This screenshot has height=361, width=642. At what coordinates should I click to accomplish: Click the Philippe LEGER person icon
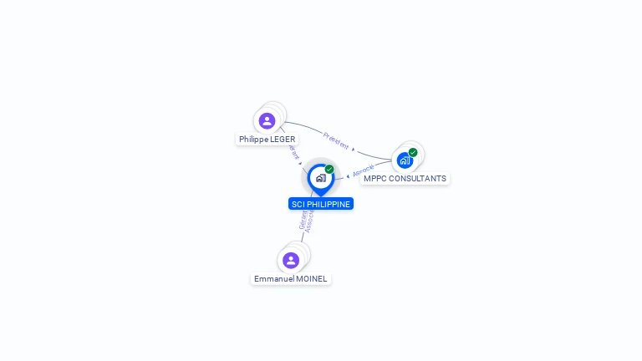267,121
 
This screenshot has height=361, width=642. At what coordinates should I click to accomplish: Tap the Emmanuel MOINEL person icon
291,260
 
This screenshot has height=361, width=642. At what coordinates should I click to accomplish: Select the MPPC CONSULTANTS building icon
405,160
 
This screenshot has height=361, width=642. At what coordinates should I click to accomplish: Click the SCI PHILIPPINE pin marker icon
320,179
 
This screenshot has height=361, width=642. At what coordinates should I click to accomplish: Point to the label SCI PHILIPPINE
321,204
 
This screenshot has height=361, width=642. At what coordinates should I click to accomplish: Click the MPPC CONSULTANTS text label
405,179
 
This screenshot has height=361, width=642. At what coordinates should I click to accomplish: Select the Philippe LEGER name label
267,140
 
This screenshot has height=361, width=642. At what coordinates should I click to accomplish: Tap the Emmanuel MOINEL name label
291,278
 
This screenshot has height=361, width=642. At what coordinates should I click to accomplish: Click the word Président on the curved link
335,140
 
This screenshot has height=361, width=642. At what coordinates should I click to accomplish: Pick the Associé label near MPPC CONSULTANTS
364,170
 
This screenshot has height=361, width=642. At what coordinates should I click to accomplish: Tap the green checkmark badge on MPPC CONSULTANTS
413,152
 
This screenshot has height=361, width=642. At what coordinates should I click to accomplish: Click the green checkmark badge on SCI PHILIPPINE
329,170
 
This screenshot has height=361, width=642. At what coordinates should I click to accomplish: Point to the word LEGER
283,140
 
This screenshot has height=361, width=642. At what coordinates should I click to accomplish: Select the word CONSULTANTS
415,179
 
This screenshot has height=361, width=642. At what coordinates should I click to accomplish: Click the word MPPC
373,179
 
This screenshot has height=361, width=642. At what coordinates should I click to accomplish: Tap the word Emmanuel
272,278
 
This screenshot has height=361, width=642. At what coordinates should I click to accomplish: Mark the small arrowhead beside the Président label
354,150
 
